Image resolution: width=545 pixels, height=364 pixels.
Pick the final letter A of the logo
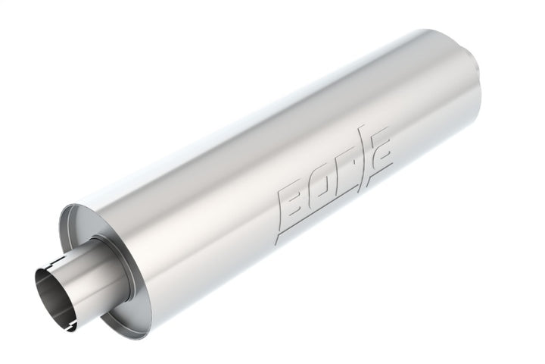pos(381,168)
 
